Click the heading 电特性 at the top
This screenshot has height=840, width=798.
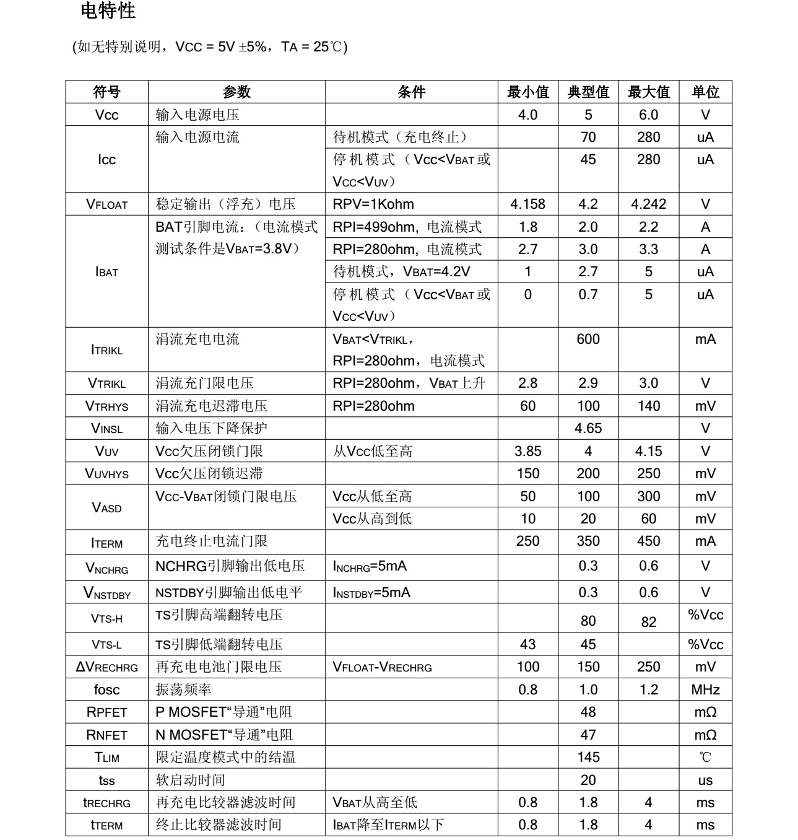coord(108,11)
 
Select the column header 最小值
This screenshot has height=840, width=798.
coord(527,92)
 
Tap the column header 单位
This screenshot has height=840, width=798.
coord(705,92)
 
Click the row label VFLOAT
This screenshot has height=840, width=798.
coord(107,204)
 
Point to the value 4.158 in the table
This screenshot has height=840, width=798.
coord(527,204)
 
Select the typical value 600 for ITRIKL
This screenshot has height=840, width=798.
coord(588,339)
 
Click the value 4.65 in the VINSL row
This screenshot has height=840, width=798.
coord(588,428)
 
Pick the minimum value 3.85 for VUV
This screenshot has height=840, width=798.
coord(527,451)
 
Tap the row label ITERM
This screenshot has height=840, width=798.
coord(107,543)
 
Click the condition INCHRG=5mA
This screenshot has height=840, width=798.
coord(370,566)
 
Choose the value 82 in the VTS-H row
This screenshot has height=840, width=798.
coord(648,622)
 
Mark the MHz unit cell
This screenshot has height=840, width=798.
coord(705,689)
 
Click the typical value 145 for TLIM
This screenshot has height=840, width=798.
coord(588,757)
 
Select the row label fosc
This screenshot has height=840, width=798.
coord(107,689)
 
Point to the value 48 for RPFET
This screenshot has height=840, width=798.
coord(588,712)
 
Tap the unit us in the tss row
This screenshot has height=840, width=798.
coord(705,781)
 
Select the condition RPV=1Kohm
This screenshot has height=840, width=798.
coord(373,204)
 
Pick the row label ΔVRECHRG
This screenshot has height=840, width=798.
coord(107,667)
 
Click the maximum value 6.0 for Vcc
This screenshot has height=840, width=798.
coord(648,115)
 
